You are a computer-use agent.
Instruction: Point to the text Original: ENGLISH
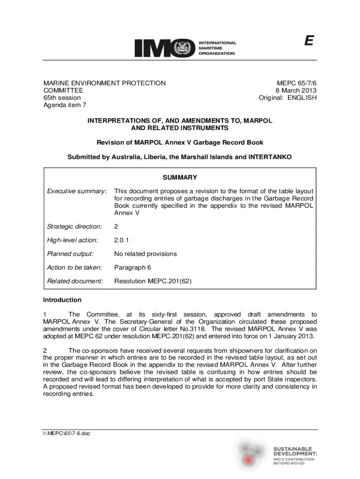(x=288, y=98)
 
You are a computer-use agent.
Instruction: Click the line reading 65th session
(x=62, y=98)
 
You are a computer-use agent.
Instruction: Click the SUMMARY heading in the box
(x=180, y=177)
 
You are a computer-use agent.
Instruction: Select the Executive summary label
(x=77, y=191)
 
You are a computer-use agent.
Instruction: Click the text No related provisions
(x=145, y=254)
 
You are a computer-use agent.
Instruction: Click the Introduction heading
(x=62, y=299)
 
